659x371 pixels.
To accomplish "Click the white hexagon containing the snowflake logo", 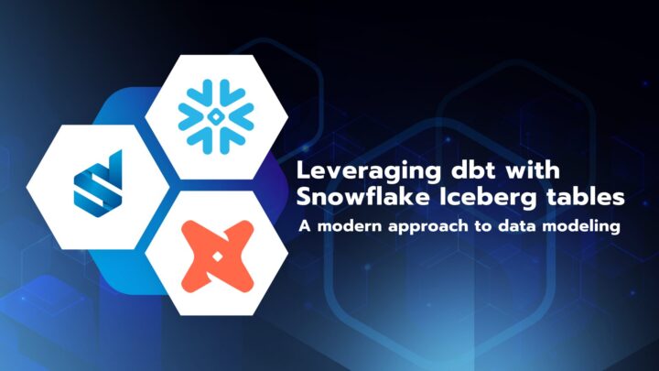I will point(217,78).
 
